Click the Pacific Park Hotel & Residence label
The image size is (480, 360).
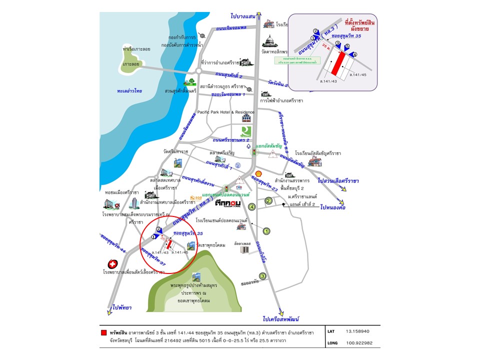[x=226, y=112]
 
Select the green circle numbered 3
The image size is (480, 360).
[x=262, y=276]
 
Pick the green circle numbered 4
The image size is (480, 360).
[x=252, y=206]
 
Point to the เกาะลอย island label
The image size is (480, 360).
[x=132, y=65]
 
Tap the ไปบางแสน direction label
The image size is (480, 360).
[x=243, y=16]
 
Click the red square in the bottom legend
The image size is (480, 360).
[x=103, y=332]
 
